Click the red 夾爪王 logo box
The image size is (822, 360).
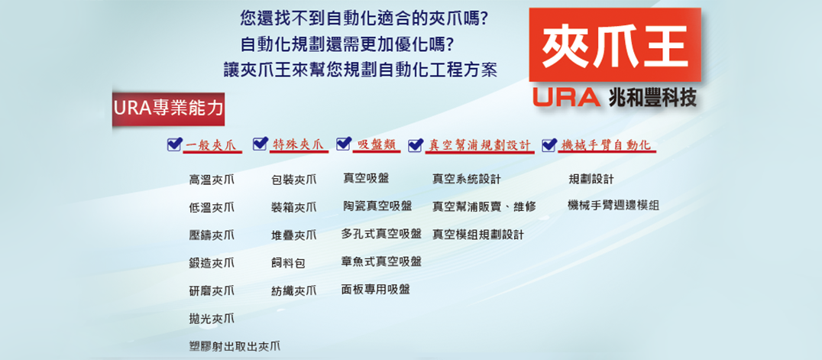click(614, 44)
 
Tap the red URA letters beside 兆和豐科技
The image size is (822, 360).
click(566, 97)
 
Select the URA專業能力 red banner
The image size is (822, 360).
click(168, 109)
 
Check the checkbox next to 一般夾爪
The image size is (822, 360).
click(174, 144)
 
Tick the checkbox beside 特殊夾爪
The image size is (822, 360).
click(260, 144)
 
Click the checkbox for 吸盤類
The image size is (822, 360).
click(343, 143)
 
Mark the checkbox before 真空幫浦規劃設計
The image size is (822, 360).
click(415, 144)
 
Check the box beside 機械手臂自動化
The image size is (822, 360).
click(549, 144)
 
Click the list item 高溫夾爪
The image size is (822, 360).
click(212, 180)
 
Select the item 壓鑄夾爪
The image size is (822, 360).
click(212, 235)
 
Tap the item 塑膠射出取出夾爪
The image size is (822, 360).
click(234, 345)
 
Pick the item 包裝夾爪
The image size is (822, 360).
click(293, 180)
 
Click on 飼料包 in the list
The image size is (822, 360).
click(288, 263)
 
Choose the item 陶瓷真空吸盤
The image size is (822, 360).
click(377, 206)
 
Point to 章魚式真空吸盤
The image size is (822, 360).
click(381, 261)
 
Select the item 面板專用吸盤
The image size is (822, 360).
click(375, 289)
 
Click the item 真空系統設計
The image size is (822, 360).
click(467, 180)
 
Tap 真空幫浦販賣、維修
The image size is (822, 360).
click(484, 207)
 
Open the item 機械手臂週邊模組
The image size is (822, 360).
click(613, 205)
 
